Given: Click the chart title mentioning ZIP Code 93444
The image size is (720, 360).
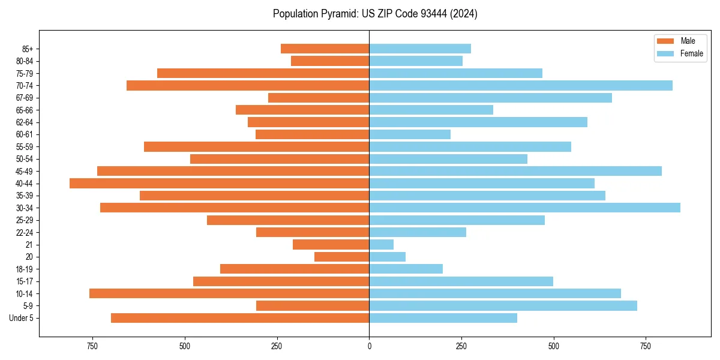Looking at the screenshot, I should (x=375, y=14).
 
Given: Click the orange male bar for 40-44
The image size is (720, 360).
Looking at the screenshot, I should (x=219, y=183).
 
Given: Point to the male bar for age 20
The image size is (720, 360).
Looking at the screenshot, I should (x=342, y=257).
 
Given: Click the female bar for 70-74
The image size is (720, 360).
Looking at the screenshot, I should (x=521, y=85).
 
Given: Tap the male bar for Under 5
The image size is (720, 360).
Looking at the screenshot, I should (x=240, y=318).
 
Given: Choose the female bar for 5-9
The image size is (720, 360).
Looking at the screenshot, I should (x=503, y=305).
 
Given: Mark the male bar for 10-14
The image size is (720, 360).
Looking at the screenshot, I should (x=229, y=293).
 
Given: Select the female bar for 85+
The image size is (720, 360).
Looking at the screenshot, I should (x=420, y=49).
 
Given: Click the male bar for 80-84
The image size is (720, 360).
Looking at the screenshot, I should (x=330, y=61).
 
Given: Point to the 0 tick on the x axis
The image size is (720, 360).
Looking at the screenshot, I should (x=369, y=346).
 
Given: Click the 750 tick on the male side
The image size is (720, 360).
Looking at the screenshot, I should (x=92, y=346).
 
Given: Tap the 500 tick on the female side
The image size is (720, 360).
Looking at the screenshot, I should (x=553, y=346).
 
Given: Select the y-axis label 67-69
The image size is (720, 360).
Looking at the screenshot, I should (x=25, y=98).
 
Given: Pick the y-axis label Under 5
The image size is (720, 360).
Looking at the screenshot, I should (x=22, y=318).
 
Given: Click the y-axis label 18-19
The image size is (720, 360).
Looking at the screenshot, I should (x=25, y=269).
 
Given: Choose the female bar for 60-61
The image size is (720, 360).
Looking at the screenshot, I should (x=410, y=134).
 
